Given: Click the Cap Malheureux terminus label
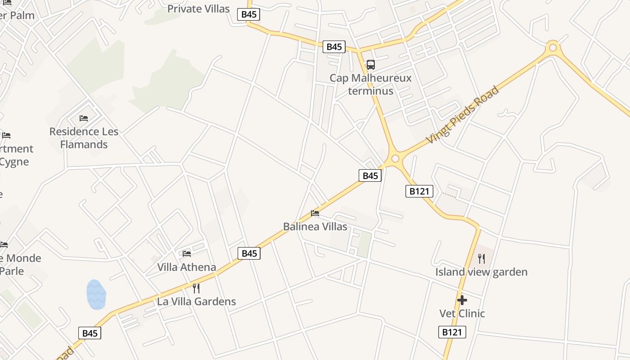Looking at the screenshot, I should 370,84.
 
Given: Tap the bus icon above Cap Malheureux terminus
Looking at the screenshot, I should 370,65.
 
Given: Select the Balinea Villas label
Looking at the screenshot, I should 315,226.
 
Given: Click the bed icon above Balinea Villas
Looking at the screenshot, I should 315,213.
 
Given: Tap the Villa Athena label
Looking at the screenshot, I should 186,267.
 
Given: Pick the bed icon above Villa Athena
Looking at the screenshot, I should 187,254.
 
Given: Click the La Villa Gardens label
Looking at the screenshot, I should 196,301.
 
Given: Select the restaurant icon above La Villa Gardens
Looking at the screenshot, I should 196,288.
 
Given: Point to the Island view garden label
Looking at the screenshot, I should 481,272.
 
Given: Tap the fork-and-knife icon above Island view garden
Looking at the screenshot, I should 481,258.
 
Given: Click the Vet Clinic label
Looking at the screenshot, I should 462,313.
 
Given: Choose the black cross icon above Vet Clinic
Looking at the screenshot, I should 462,300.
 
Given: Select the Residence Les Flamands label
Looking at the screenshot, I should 84,138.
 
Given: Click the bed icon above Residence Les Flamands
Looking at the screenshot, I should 84,118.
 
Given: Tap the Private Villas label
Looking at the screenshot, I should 198,9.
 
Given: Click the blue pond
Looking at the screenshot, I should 96,295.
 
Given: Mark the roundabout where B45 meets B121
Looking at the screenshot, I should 396,158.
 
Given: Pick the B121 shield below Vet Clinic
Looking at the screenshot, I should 452,332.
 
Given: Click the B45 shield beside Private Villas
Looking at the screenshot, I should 249,14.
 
